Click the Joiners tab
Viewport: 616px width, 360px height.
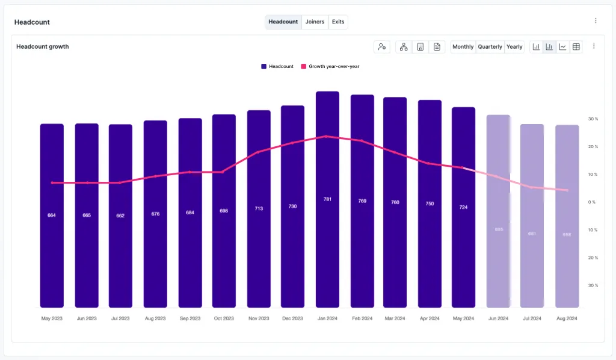pos(315,22)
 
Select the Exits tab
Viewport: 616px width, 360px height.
pos(338,22)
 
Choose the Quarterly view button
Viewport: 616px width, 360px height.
pos(490,47)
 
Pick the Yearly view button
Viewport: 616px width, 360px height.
pos(514,47)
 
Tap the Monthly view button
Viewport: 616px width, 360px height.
pos(463,47)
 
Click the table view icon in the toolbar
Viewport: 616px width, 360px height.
pos(576,47)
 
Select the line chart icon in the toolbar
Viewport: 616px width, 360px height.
pos(562,47)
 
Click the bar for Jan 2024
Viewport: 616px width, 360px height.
pos(327,241)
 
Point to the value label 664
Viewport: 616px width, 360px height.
pos(52,215)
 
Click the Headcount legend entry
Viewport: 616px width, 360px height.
pos(277,67)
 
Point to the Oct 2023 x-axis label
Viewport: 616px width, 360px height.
pos(224,318)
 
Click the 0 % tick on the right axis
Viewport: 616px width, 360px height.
pos(592,202)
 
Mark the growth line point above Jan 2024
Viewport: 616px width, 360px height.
pos(326,137)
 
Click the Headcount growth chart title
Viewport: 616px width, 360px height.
pos(43,47)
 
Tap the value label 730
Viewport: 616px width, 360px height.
pos(292,206)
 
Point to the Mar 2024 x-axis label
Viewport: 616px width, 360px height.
pos(395,318)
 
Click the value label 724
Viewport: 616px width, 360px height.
pos(463,207)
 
